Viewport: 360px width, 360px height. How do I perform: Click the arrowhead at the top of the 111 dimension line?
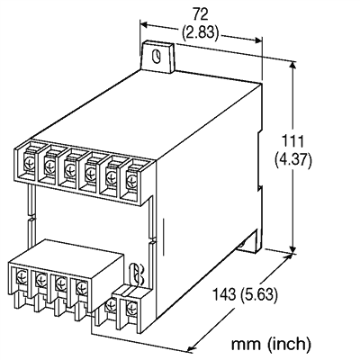[x=294, y=63]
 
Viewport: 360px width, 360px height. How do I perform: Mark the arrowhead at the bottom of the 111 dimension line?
[x=294, y=251]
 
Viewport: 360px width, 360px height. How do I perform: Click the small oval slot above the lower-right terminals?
[x=136, y=271]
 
